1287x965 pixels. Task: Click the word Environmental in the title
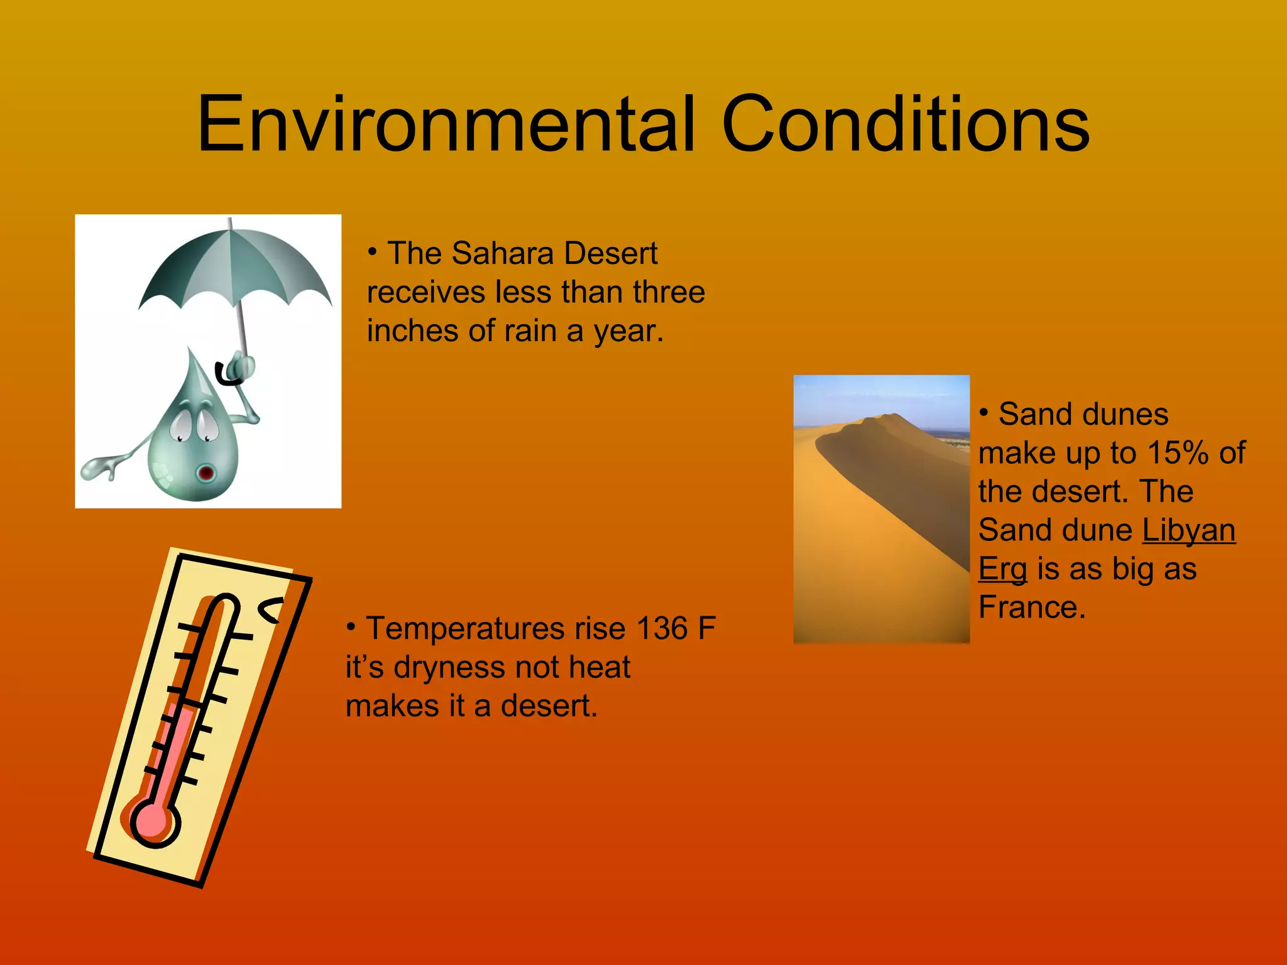click(446, 124)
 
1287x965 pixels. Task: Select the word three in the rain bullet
click(669, 292)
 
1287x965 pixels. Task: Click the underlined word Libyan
click(1188, 530)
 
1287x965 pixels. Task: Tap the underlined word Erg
click(1003, 569)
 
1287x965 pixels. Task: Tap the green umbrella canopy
click(236, 264)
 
